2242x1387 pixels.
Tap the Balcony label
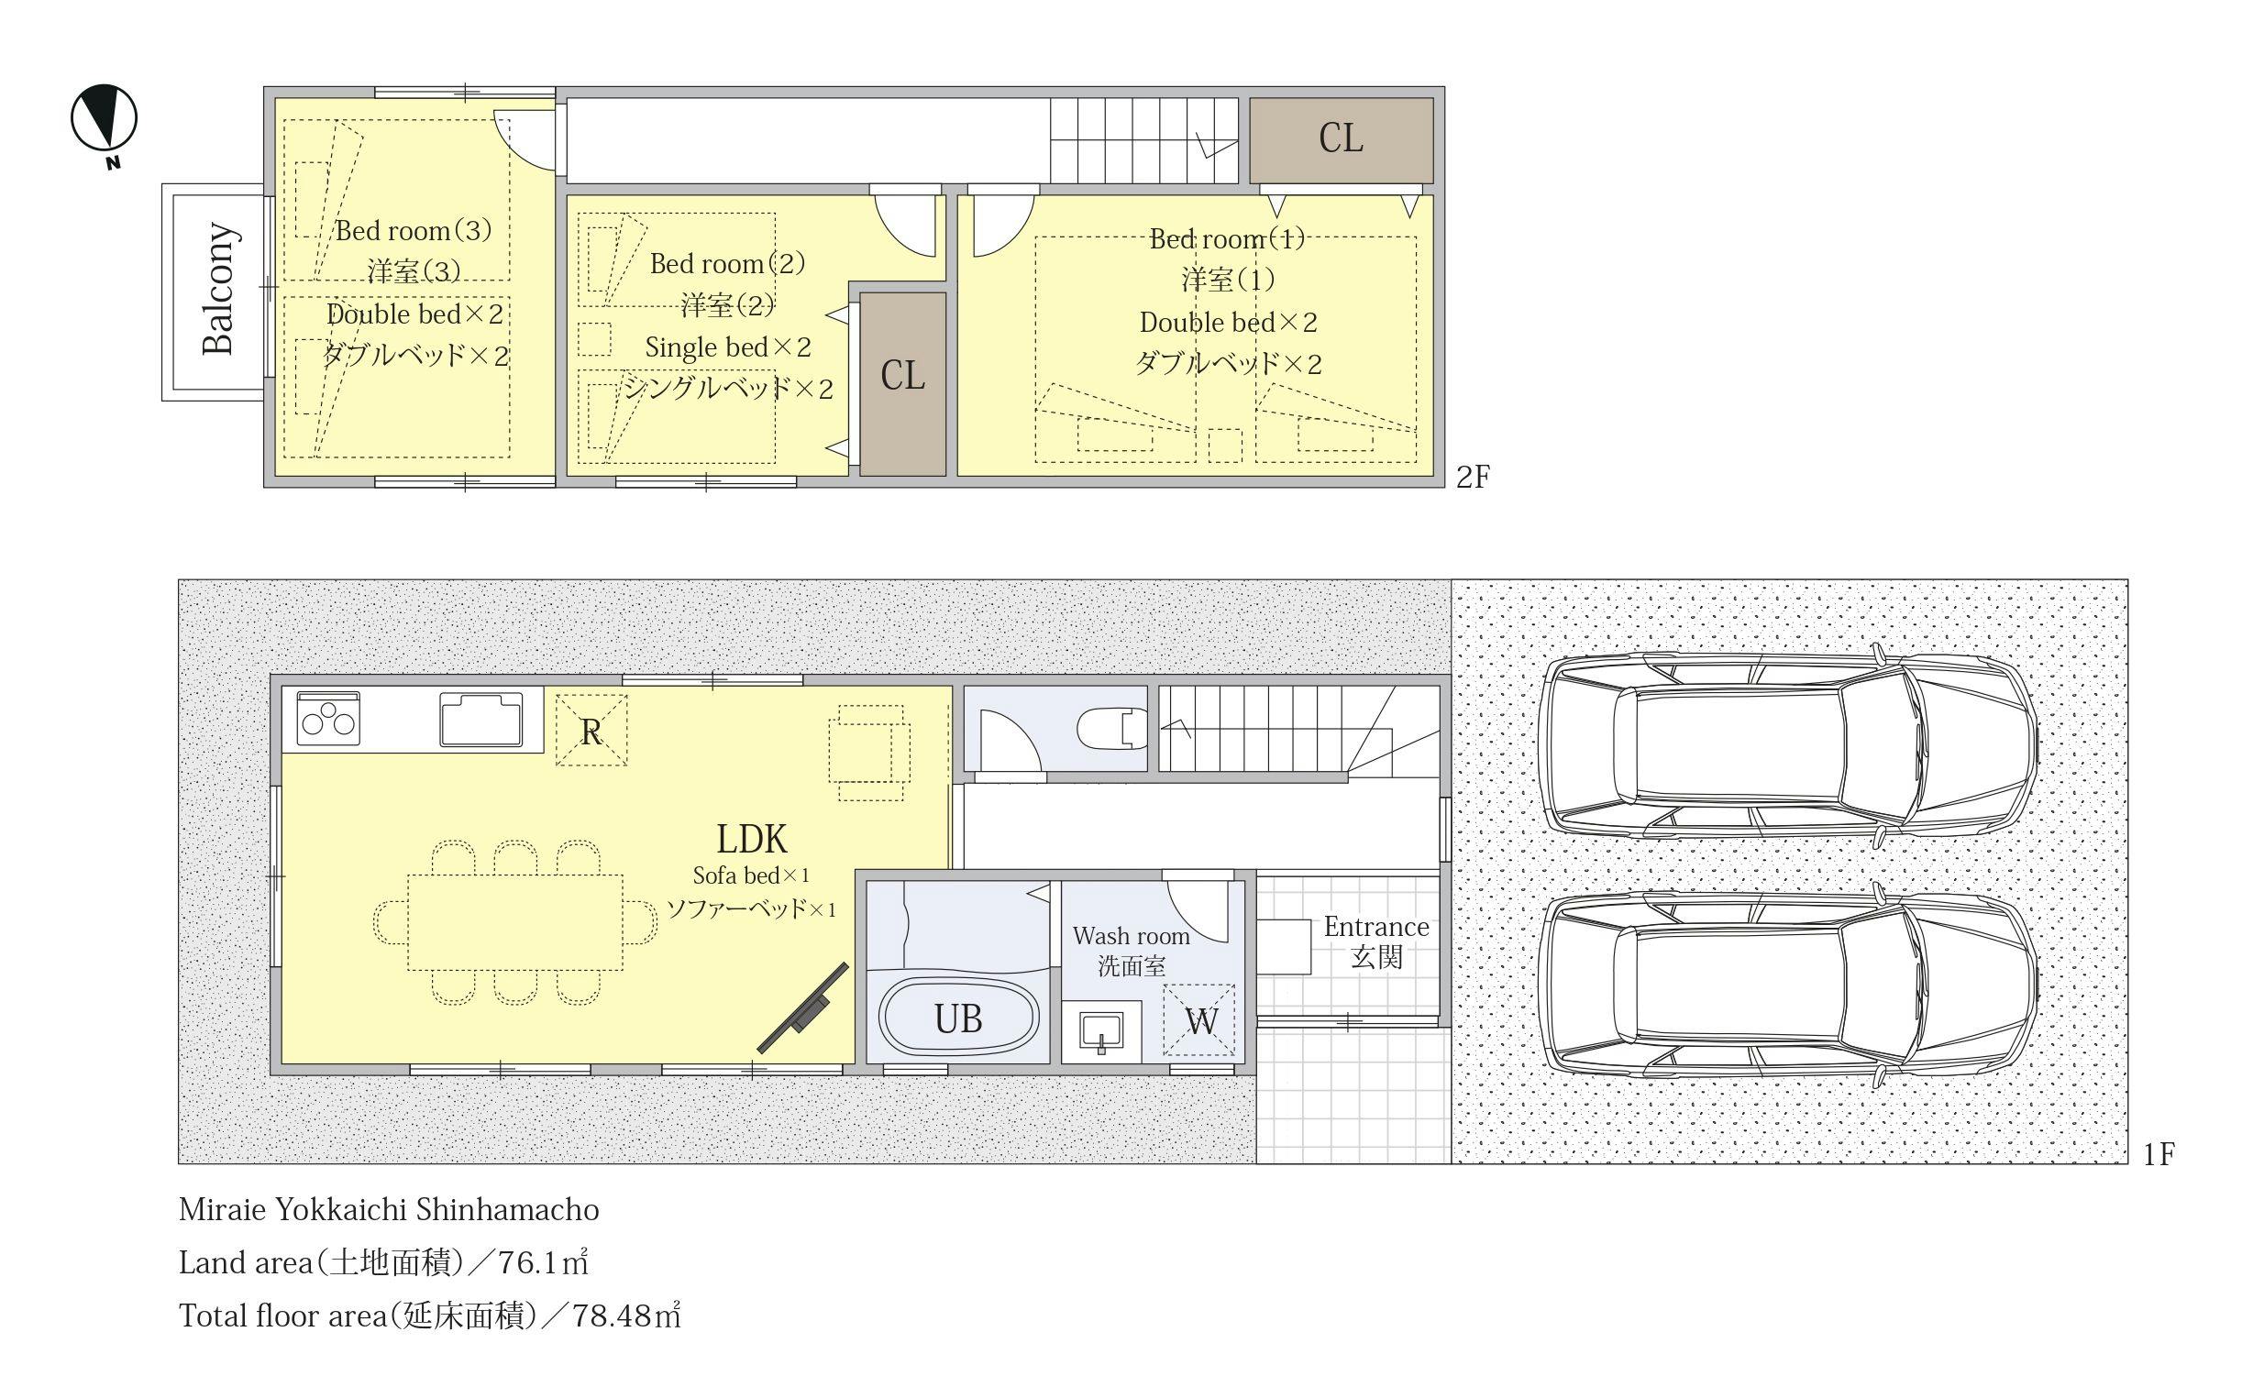(x=219, y=288)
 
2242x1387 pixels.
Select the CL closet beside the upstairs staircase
(x=1342, y=139)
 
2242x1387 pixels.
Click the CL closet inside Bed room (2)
(x=902, y=383)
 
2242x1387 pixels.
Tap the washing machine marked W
(x=1199, y=1020)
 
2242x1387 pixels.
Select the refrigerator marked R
(x=591, y=731)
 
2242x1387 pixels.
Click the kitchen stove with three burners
(x=328, y=718)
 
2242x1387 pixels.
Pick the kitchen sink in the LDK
(x=480, y=720)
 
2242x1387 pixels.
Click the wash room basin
(x=1100, y=1032)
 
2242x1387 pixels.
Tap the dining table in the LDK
(x=515, y=922)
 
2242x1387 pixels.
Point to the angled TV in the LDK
(x=802, y=1007)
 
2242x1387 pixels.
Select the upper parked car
(x=1789, y=745)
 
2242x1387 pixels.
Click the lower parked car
(x=1789, y=984)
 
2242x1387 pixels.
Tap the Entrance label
(x=1376, y=928)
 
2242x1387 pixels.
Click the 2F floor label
(x=1474, y=477)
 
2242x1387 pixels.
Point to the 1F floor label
(x=2159, y=1154)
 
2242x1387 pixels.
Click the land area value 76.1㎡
(x=543, y=1263)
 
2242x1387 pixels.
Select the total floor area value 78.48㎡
(x=626, y=1316)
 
